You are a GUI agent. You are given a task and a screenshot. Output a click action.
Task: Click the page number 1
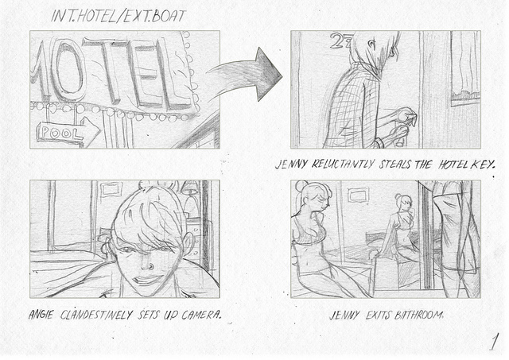pyautogui.click(x=494, y=342)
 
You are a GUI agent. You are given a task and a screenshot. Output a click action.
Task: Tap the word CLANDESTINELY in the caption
pyautogui.click(x=96, y=315)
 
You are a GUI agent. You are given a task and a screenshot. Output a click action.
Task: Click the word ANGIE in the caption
pyautogui.click(x=41, y=315)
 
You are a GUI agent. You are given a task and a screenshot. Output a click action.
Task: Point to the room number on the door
pyautogui.click(x=340, y=41)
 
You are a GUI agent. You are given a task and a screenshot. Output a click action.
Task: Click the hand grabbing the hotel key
pyautogui.click(x=405, y=115)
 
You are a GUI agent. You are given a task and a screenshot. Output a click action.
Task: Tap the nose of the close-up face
pyautogui.click(x=147, y=265)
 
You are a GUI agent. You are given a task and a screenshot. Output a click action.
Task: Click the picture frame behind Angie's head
pyautogui.click(x=111, y=189)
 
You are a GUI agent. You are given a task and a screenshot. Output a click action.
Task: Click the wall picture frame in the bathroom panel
pyautogui.click(x=359, y=195)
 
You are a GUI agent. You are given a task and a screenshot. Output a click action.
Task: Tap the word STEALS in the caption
pyautogui.click(x=396, y=165)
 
